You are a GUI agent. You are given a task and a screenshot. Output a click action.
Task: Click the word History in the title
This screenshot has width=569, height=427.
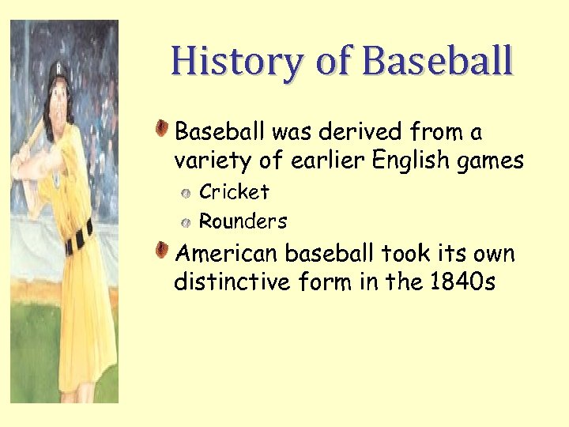[x=226, y=62]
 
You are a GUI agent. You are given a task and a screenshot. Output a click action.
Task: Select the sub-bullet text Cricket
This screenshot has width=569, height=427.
[x=234, y=192]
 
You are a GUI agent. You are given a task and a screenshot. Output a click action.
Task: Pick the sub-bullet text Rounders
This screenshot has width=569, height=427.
[x=243, y=221]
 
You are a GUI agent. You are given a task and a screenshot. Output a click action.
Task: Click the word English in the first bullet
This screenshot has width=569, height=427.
[x=410, y=161]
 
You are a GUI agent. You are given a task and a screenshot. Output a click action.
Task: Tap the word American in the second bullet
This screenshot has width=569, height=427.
[x=227, y=254]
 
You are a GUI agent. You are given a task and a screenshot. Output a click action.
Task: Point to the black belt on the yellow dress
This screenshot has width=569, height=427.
[x=79, y=236]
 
